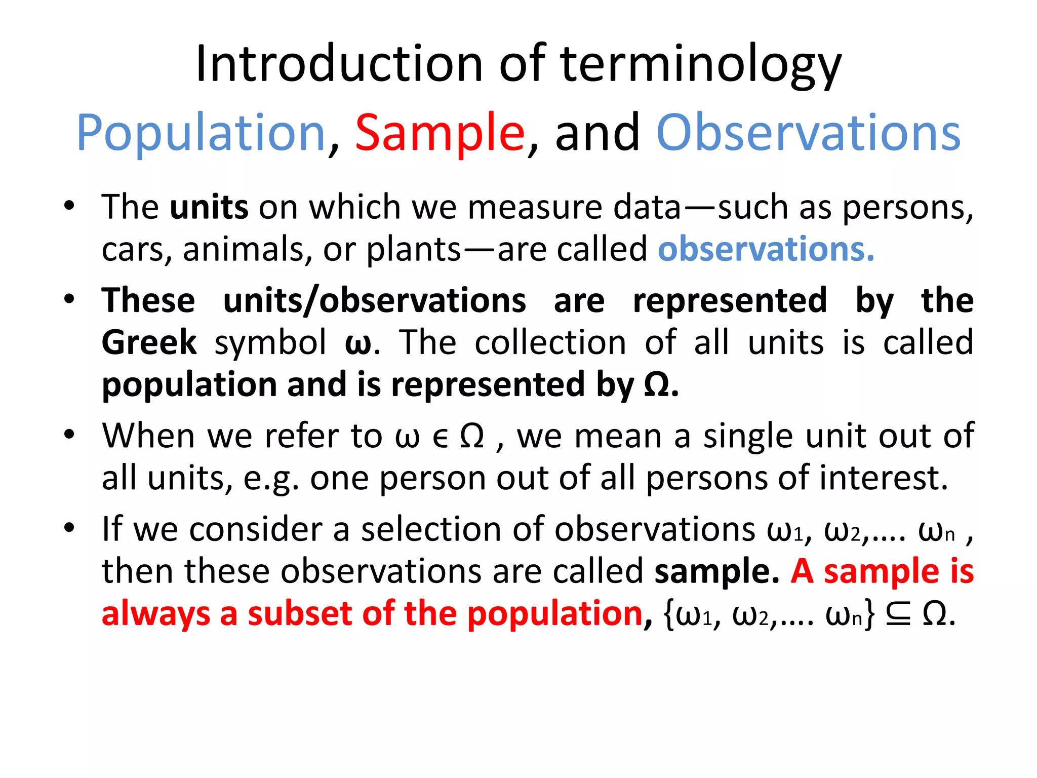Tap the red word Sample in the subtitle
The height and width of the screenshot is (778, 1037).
(x=440, y=133)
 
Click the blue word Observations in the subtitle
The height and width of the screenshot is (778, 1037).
(x=808, y=133)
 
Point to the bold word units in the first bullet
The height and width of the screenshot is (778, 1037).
(x=209, y=207)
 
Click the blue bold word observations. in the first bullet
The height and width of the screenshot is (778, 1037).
(x=766, y=249)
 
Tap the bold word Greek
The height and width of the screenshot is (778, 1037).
(x=149, y=342)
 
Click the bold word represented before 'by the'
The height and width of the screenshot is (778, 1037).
(x=730, y=300)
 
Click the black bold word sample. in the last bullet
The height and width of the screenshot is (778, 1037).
(x=716, y=572)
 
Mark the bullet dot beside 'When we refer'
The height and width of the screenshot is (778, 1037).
(x=69, y=435)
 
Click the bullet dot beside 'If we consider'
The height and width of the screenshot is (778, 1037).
(x=69, y=528)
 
